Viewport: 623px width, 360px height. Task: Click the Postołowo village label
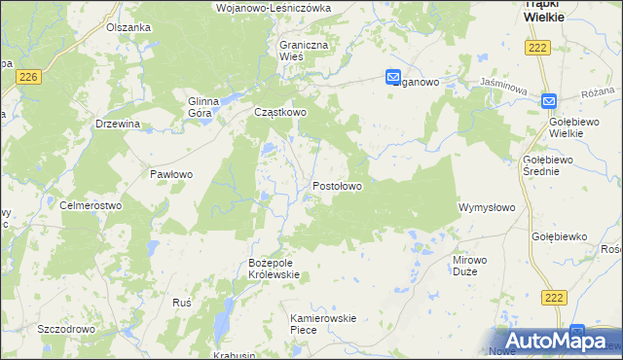pyautogui.click(x=338, y=185)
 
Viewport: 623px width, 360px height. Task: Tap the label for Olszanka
pyautogui.click(x=128, y=27)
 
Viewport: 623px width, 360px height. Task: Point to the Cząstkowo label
pyautogui.click(x=280, y=112)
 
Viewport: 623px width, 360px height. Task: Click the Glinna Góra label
pyautogui.click(x=206, y=106)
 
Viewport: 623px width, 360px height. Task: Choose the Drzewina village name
pyautogui.click(x=119, y=124)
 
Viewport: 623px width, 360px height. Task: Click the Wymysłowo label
pyautogui.click(x=486, y=207)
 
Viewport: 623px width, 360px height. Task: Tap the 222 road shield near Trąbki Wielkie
pyautogui.click(x=536, y=48)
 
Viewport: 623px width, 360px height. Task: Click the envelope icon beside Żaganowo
pyautogui.click(x=393, y=78)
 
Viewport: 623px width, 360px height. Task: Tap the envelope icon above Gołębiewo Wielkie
pyautogui.click(x=549, y=99)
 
